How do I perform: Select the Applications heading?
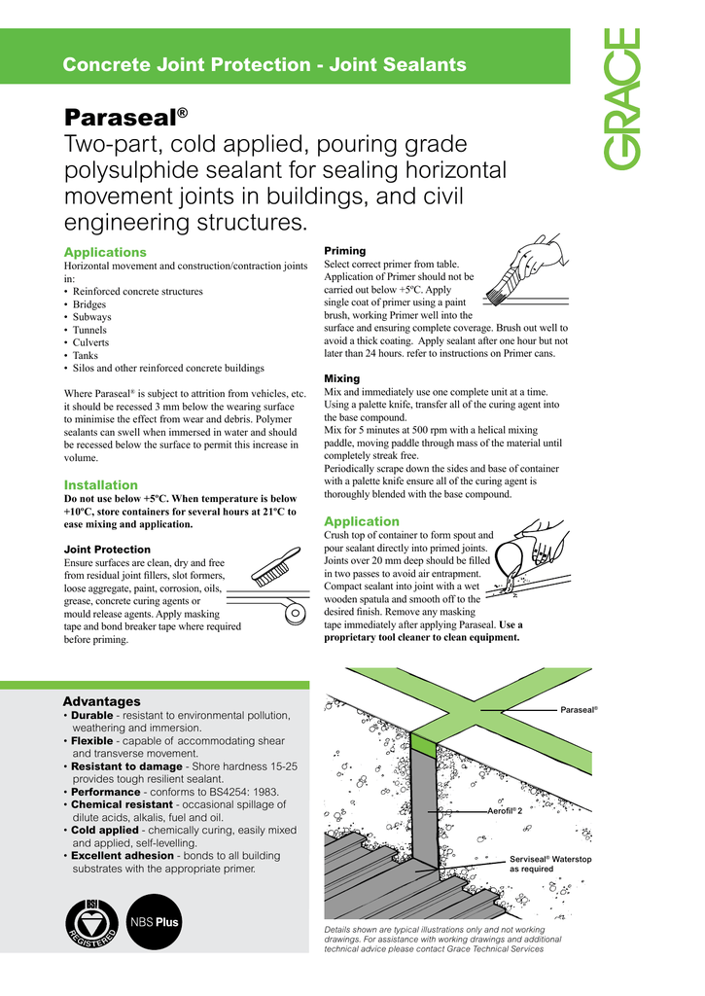point(105,253)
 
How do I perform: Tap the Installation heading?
point(101,484)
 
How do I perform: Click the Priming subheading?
point(344,250)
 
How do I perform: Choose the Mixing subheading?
point(341,378)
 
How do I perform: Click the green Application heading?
point(361,521)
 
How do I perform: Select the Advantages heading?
point(102,701)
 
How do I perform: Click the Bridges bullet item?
point(91,304)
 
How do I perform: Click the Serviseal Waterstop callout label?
point(550,864)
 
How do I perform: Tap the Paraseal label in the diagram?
point(579,710)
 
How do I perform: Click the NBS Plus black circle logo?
point(155,921)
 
